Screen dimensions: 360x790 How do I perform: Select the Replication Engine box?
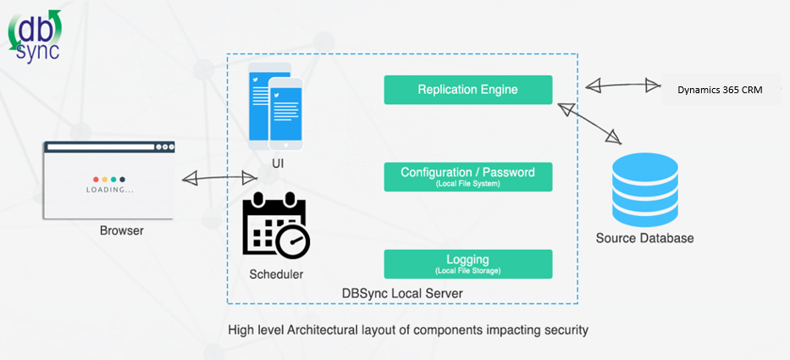[467, 90]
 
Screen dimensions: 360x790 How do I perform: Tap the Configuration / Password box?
[467, 176]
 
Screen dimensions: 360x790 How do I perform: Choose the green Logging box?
[467, 263]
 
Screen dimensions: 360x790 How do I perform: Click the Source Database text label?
[644, 238]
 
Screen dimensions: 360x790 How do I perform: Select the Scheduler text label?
[276, 274]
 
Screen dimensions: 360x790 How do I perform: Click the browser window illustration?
[108, 179]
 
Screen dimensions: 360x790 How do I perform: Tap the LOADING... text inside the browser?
[109, 190]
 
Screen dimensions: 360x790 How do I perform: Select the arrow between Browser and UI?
[219, 178]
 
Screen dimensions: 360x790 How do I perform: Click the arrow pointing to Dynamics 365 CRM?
[622, 85]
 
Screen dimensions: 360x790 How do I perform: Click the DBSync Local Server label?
[402, 293]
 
